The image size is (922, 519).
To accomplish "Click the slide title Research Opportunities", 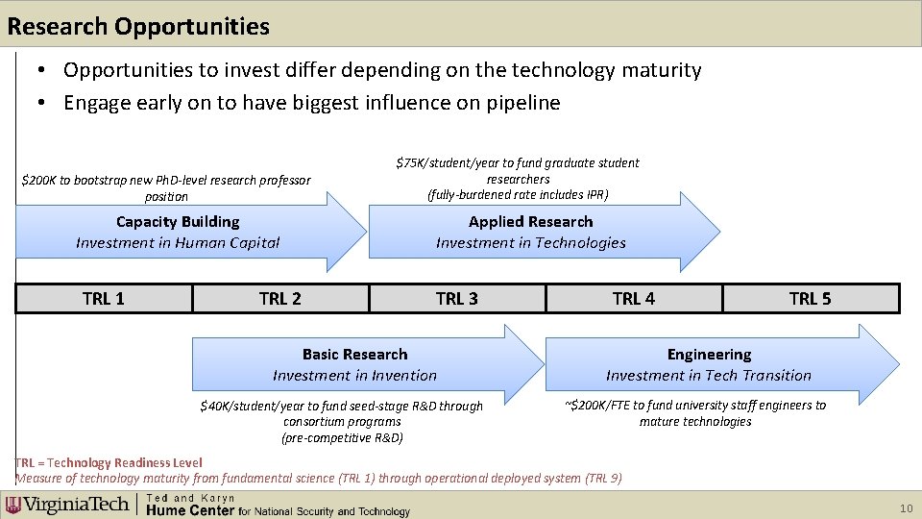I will pyautogui.click(x=138, y=26).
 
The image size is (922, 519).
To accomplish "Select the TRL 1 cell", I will pyautogui.click(x=104, y=299).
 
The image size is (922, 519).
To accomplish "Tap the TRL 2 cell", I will pyautogui.click(x=280, y=299).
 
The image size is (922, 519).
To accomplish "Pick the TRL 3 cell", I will pyautogui.click(x=457, y=299).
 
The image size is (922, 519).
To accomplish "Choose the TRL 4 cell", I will pyautogui.click(x=634, y=299).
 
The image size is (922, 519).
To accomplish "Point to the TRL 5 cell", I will pyautogui.click(x=810, y=299).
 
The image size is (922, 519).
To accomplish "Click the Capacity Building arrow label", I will pyautogui.click(x=178, y=222).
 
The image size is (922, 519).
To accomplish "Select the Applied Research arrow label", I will pyautogui.click(x=530, y=222).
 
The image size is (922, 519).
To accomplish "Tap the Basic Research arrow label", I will pyautogui.click(x=354, y=355).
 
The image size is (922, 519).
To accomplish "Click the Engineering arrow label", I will pyautogui.click(x=709, y=355).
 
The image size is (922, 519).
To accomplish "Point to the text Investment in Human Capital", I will pyautogui.click(x=178, y=243).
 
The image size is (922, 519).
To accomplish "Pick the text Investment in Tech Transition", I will pyautogui.click(x=709, y=376).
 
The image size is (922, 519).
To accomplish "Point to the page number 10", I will pyautogui.click(x=904, y=507).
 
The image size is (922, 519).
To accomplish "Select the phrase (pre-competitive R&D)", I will pyautogui.click(x=342, y=438).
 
